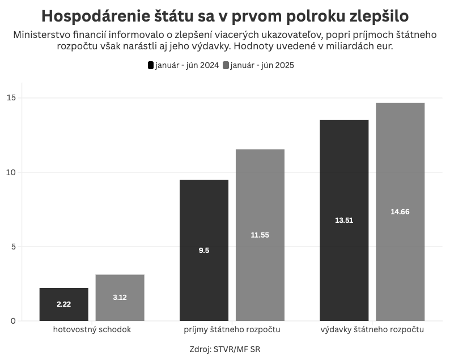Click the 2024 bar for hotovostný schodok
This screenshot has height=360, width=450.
pos(63,304)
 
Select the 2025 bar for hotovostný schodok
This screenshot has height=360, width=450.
pos(120,298)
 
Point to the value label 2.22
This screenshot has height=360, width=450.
pos(63,304)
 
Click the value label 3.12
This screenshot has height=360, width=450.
pos(120,298)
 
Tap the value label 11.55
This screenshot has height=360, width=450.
pos(260,235)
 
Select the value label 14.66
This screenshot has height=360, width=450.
pos(400,211)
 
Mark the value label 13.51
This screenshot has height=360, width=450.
pos(344,220)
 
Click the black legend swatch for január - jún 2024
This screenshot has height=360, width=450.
pos(151,65)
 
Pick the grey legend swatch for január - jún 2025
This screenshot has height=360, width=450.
pos(226,65)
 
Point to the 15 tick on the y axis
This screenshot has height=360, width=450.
pos(12,98)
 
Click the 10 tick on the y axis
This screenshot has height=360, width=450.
pos(12,172)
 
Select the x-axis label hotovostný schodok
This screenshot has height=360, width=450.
pos(92,329)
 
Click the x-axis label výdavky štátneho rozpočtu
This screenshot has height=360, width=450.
pos(372,329)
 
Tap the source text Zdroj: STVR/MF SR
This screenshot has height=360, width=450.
pos(225,349)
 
